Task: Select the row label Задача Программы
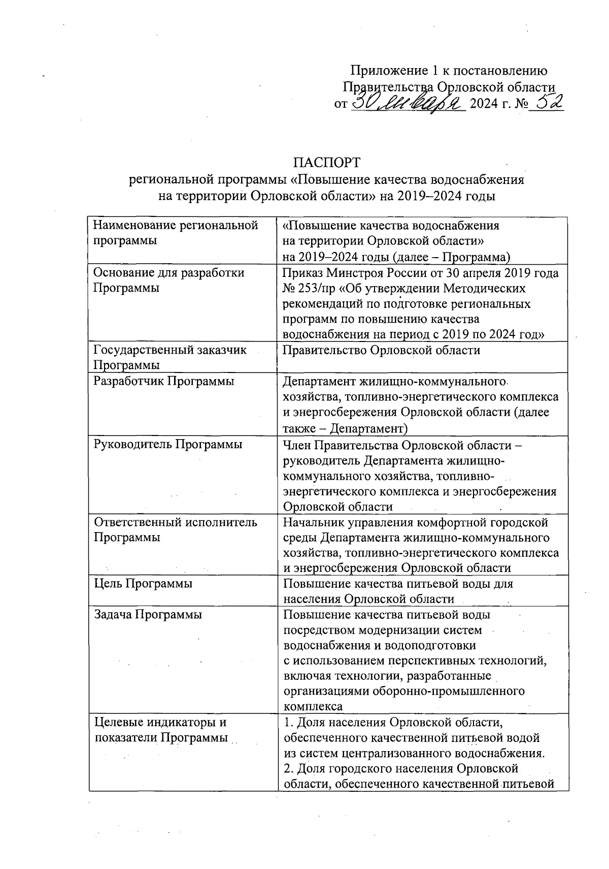tap(148, 615)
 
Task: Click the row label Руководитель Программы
tap(168, 444)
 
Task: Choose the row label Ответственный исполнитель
tap(176, 522)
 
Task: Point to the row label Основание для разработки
tap(169, 273)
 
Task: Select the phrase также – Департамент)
tap(346, 428)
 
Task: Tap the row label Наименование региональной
tap(176, 225)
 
